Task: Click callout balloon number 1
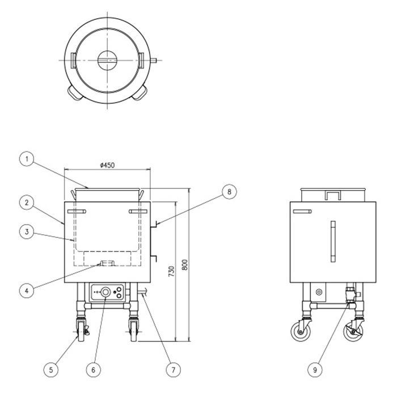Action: tap(27, 159)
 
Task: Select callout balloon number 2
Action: tap(27, 202)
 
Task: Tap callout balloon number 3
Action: tap(27, 231)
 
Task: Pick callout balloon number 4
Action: tap(27, 290)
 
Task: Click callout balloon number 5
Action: tap(51, 370)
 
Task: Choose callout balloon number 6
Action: tap(93, 370)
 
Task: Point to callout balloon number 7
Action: tap(174, 370)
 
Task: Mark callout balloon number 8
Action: tap(229, 192)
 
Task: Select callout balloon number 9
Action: tap(315, 370)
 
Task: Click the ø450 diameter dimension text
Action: tap(107, 166)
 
